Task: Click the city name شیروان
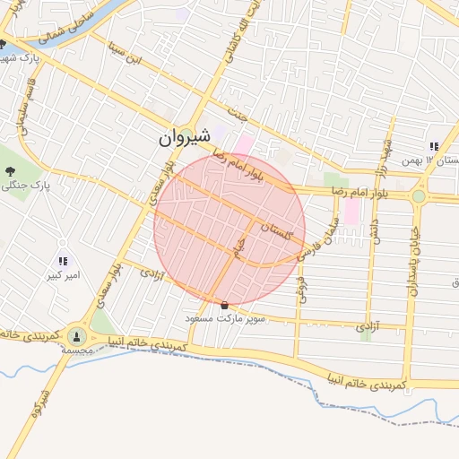click(186, 137)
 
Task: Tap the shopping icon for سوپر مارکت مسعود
click(224, 306)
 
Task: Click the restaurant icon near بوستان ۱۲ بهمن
click(434, 146)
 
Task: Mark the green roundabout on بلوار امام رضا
click(418, 195)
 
